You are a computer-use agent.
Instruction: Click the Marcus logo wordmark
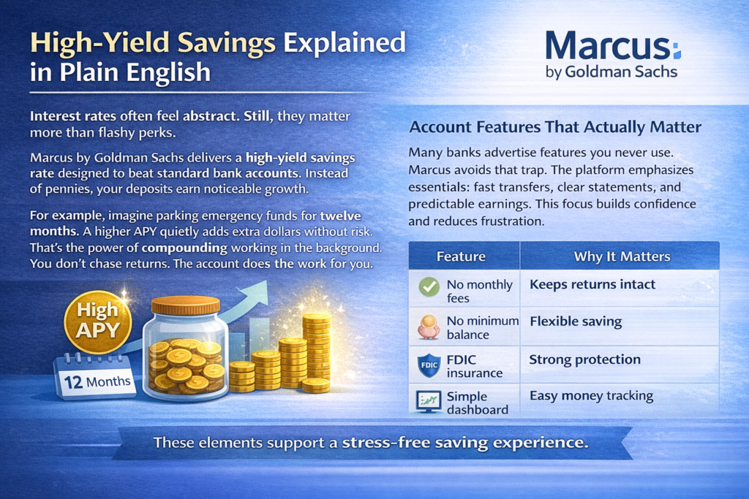613,46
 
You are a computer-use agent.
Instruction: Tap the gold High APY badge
98,322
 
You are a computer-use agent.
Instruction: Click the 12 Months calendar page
96,378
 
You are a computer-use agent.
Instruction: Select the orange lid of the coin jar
185,306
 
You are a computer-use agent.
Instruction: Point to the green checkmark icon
429,286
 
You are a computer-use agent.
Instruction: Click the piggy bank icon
429,327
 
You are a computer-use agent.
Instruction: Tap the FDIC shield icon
429,365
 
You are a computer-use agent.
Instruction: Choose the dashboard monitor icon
429,402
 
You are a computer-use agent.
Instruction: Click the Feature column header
461,256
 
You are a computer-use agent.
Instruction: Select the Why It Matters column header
622,256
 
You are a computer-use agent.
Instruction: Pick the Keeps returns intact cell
592,284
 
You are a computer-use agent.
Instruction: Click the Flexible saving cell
576,321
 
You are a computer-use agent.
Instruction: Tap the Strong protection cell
584,359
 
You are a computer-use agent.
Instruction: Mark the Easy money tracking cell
591,396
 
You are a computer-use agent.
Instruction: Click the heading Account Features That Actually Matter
556,127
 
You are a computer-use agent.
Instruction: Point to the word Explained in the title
345,42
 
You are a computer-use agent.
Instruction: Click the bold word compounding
184,248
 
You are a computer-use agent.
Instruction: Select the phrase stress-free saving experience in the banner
464,443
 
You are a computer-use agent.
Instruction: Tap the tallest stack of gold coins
316,353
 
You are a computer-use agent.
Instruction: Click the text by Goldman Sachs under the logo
611,72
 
